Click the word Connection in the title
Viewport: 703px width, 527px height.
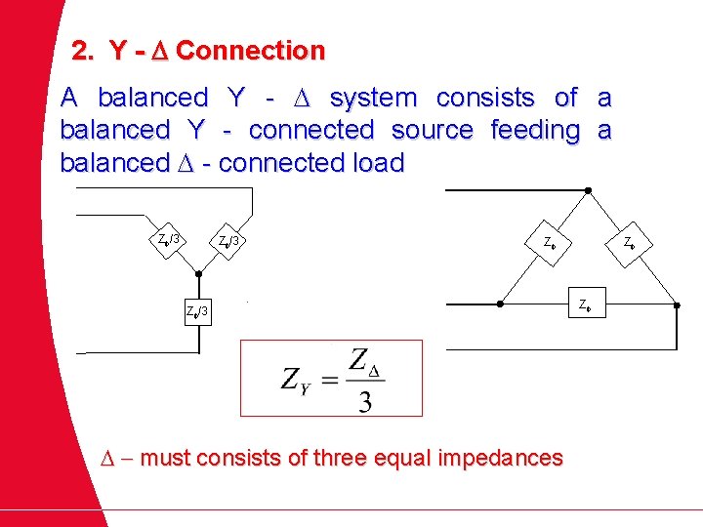[x=251, y=50]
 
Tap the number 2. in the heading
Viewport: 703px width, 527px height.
[x=85, y=50]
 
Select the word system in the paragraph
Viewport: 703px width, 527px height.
[x=374, y=98]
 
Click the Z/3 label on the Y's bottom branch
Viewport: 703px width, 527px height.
[x=197, y=311]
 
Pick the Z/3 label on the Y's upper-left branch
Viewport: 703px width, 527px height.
[x=170, y=238]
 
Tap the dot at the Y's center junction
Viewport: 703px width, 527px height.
[x=197, y=274]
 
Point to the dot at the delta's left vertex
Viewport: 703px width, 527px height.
[x=500, y=304]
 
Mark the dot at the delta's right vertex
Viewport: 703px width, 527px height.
[x=677, y=304]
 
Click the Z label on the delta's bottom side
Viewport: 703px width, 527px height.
[x=584, y=304]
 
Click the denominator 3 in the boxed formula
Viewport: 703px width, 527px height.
[x=364, y=400]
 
